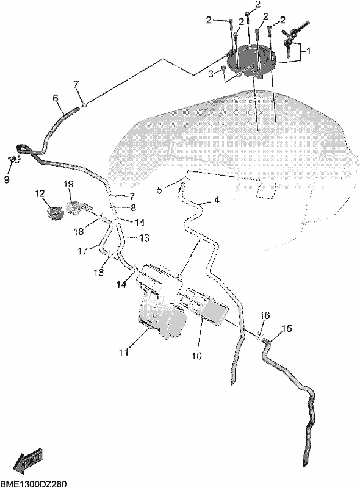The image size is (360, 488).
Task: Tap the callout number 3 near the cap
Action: click(211, 74)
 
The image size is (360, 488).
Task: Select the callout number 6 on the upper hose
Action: click(55, 98)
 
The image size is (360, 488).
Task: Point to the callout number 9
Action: click(7, 179)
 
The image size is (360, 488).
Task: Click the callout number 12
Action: click(40, 194)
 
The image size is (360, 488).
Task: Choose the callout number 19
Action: click(68, 185)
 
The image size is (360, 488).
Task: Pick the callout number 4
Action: click(217, 200)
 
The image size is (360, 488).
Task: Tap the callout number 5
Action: click(160, 190)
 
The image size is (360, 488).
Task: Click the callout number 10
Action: click(197, 356)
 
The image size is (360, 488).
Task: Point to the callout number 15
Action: click(287, 329)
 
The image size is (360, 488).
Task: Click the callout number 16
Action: click(265, 315)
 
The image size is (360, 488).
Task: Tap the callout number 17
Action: click(82, 251)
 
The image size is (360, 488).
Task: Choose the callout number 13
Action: click(144, 238)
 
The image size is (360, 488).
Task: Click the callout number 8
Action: click(133, 207)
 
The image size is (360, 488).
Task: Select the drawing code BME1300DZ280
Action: click(34, 484)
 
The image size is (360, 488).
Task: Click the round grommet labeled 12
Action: click(55, 213)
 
